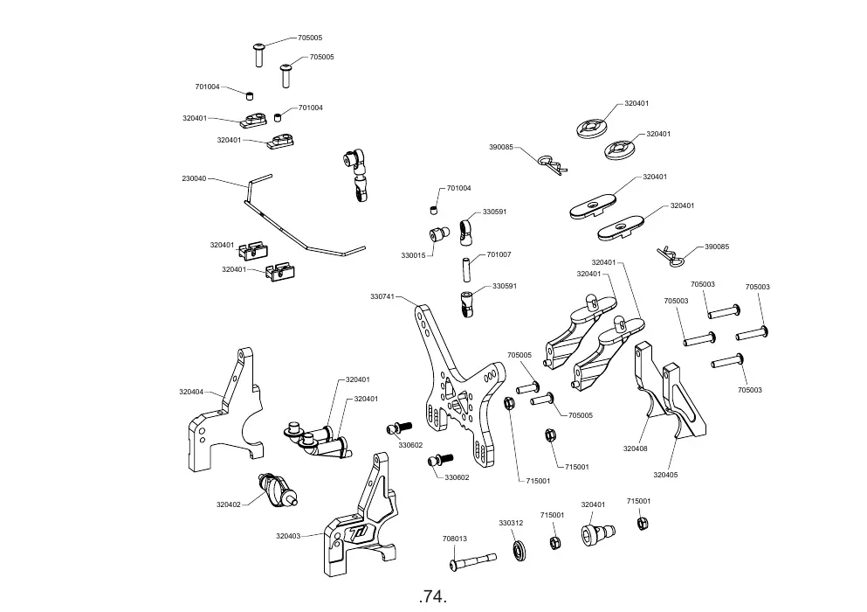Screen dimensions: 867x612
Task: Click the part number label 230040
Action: (194, 178)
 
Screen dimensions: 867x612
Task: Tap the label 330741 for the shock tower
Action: (382, 296)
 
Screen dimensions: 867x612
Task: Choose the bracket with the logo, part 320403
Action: (360, 518)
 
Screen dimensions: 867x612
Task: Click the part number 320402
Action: (229, 504)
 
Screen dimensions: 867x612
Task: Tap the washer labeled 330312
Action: (520, 551)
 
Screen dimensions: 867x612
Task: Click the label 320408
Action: (636, 449)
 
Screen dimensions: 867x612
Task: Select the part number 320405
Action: (665, 475)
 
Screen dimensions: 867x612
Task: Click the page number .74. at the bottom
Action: (433, 597)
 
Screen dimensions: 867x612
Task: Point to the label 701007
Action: (499, 254)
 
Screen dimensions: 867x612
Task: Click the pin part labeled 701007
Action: (465, 268)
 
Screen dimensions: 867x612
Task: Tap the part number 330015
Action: (413, 255)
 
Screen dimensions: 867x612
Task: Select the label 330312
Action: (511, 523)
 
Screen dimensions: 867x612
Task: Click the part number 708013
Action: (455, 539)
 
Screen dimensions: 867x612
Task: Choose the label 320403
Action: (288, 536)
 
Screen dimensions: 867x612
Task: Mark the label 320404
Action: (190, 392)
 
